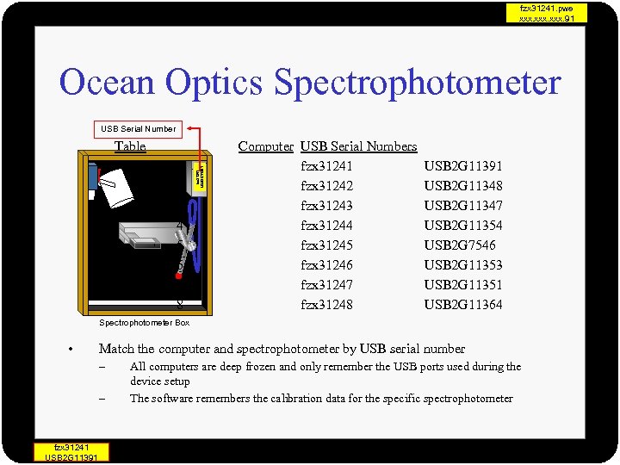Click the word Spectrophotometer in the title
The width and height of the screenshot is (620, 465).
click(x=417, y=83)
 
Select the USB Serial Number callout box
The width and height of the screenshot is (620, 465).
click(x=138, y=129)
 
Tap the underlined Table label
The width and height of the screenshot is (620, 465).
click(x=130, y=146)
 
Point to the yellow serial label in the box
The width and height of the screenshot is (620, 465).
click(x=200, y=177)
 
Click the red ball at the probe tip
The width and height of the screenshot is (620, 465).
click(x=178, y=276)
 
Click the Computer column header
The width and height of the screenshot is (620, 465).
click(x=265, y=146)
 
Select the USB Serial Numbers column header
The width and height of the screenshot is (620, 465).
click(x=358, y=146)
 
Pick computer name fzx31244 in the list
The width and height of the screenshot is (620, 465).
click(x=326, y=226)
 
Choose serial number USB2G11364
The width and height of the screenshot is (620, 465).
click(x=463, y=305)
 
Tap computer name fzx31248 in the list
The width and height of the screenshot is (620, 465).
click(x=326, y=305)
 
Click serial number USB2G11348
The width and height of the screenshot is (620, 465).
click(x=463, y=186)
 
